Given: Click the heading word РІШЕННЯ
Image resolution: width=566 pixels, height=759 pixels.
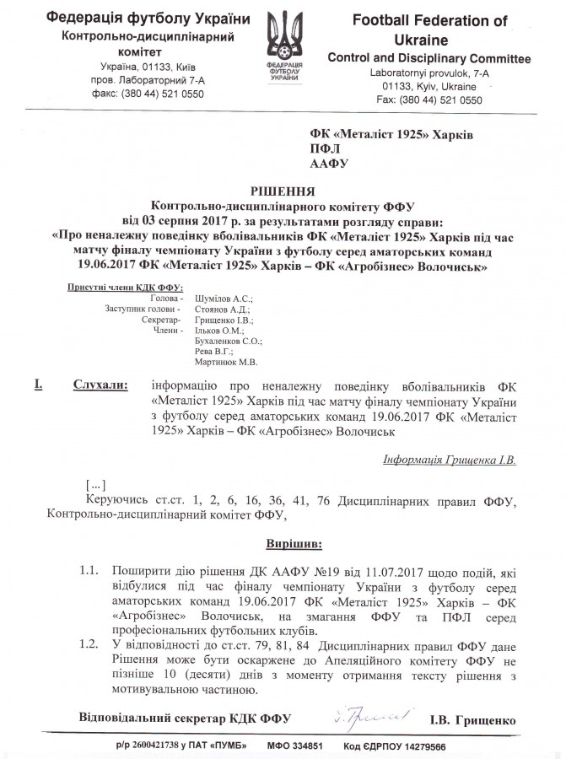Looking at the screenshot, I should click(x=283, y=191).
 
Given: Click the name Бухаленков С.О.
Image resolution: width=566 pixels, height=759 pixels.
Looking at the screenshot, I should click(x=228, y=342).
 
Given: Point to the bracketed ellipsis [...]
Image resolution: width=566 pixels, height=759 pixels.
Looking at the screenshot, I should click(x=96, y=487).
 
